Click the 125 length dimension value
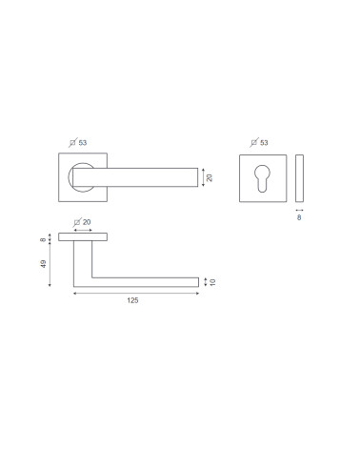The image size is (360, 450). tap(132, 300)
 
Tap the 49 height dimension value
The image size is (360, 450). tap(43, 264)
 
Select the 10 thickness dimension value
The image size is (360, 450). tap(212, 282)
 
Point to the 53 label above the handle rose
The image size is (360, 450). tap(83, 143)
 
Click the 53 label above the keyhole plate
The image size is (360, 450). tap(264, 143)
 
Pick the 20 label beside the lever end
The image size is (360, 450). tap(210, 177)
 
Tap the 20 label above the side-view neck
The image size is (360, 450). tap(87, 222)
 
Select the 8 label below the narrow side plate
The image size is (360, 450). tap(299, 217)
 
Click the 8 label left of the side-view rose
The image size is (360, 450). tap(43, 239)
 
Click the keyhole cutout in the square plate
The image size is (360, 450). tap(262, 178)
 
